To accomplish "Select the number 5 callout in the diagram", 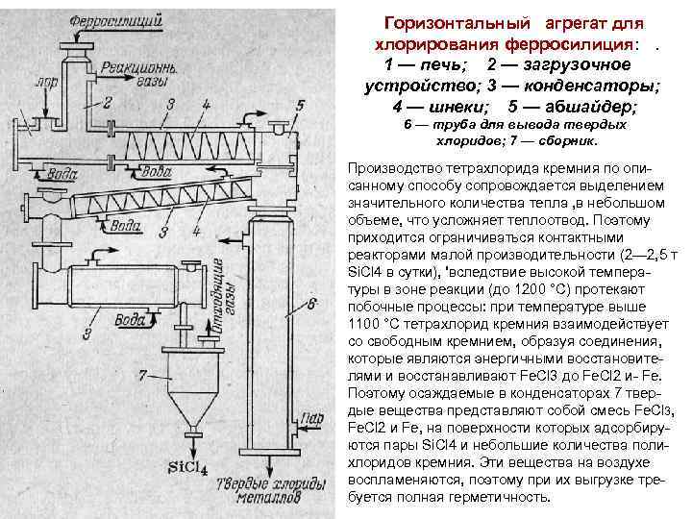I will click(x=300, y=105).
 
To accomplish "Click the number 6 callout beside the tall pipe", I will click(x=313, y=306).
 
